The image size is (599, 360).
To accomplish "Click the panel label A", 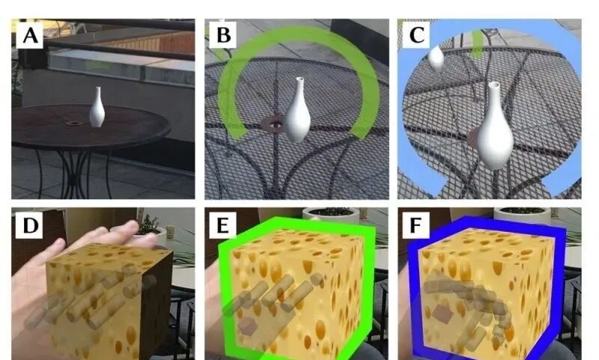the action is (x=30, y=35).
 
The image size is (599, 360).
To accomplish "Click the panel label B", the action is (x=223, y=35).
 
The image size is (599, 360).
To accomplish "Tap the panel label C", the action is (x=416, y=35).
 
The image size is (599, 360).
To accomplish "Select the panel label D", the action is (x=30, y=225).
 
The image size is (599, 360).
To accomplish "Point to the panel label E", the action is (x=223, y=225).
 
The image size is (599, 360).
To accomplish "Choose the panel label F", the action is (x=416, y=225).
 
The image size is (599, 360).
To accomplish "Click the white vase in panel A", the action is (x=97, y=108).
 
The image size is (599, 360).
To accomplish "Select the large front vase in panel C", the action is (x=495, y=126).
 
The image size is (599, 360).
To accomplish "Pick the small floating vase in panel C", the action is (x=436, y=59).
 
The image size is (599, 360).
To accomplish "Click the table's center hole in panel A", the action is (x=73, y=123).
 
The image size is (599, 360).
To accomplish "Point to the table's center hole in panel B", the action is (x=273, y=125).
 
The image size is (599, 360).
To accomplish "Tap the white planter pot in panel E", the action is (x=331, y=215).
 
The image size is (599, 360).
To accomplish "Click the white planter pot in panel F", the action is (x=522, y=216).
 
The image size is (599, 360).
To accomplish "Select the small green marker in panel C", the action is (x=476, y=44).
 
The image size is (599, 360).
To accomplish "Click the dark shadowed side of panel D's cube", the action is (x=155, y=302).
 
